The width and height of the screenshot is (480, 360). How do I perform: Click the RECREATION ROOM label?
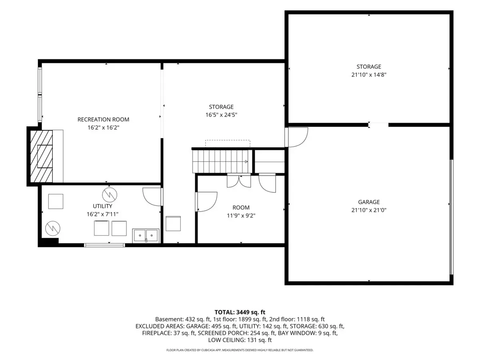[103, 119]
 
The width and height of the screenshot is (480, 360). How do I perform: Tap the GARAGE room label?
[369, 202]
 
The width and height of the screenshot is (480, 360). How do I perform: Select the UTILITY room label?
[102, 206]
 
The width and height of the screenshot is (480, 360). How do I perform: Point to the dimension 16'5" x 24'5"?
[221, 115]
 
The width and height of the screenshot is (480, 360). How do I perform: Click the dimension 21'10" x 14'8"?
[369, 75]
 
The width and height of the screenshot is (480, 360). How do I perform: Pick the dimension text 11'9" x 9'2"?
[241, 216]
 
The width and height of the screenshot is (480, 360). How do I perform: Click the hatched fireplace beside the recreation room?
[41, 156]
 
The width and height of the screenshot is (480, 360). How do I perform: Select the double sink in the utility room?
[146, 236]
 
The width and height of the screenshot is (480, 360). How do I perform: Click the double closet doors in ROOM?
[239, 180]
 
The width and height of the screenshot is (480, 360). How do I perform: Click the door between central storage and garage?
[296, 137]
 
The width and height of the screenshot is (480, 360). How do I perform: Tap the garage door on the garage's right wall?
[451, 217]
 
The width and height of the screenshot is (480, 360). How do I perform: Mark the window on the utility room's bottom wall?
[104, 245]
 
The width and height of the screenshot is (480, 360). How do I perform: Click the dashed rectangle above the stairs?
[228, 144]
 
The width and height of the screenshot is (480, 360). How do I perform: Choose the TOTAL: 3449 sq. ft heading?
[240, 312]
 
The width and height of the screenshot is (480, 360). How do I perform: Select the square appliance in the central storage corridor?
[173, 223]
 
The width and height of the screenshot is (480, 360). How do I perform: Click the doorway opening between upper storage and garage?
[378, 125]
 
